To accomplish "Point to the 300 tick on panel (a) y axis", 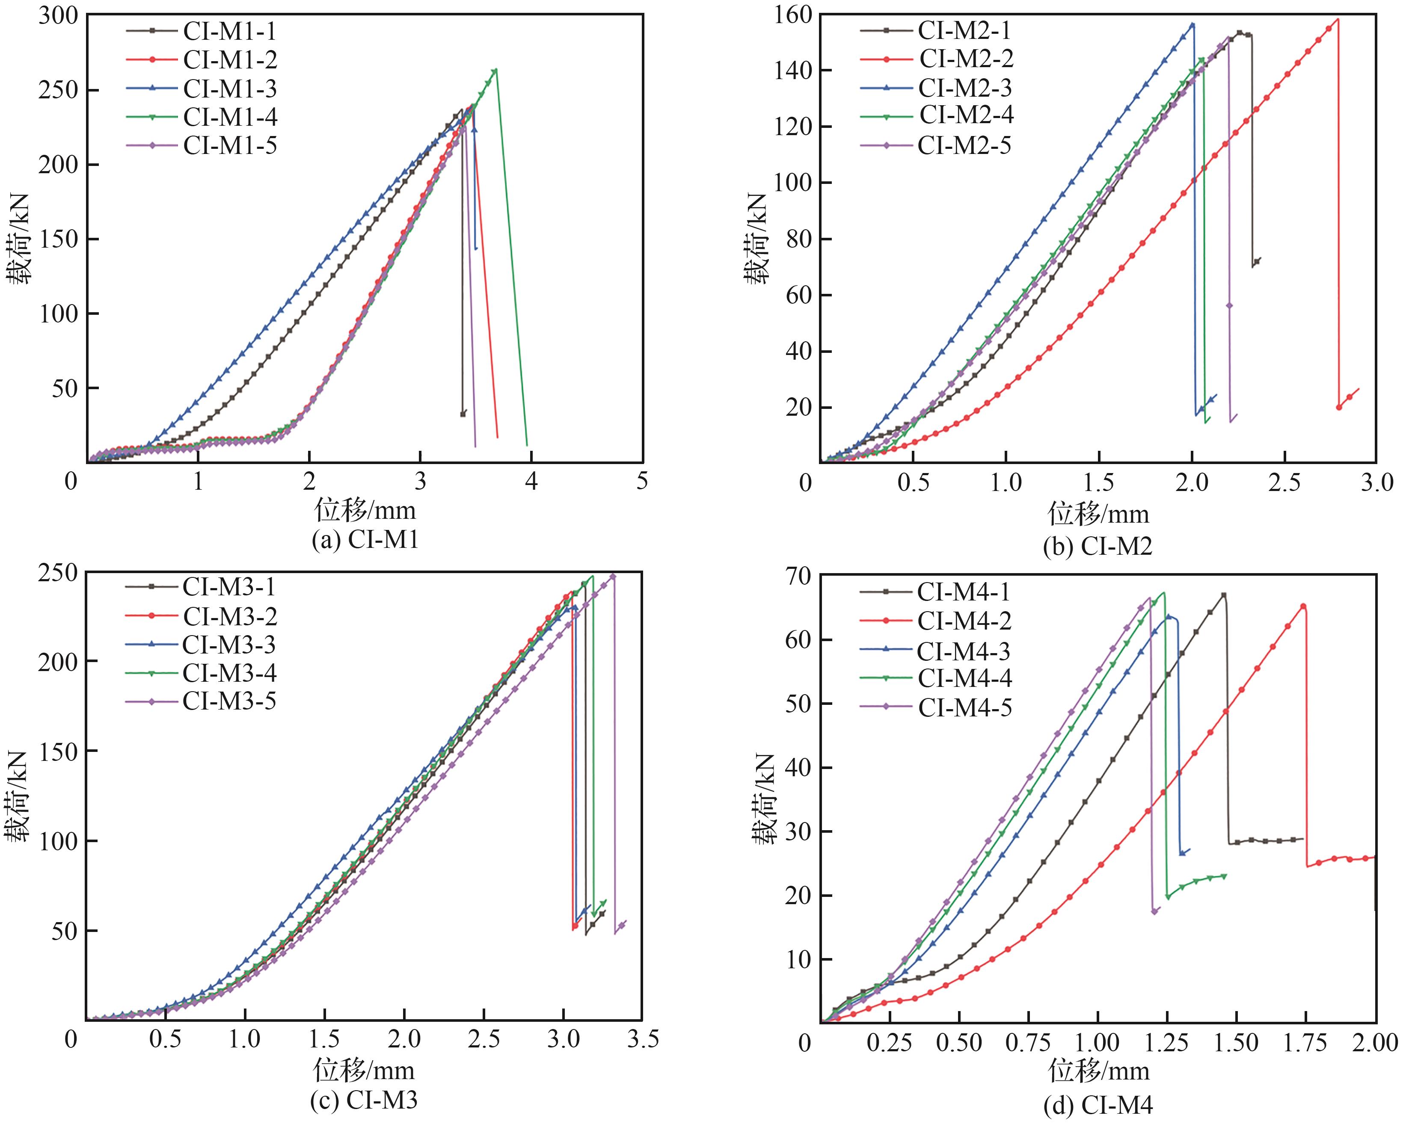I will tap(58, 16).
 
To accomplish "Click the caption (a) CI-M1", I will tap(365, 539).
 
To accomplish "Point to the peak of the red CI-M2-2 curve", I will tap(1338, 18).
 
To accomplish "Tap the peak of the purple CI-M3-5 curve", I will tap(613, 576).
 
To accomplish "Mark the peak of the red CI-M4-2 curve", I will tap(1303, 606).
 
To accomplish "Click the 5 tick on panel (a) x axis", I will tap(642, 482).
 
